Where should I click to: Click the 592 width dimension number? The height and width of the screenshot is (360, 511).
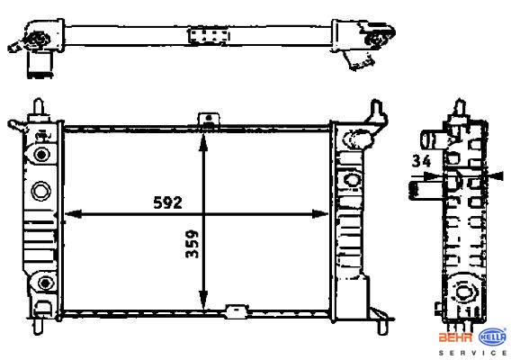coord(167,202)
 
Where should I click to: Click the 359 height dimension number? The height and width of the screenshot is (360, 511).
coord(192,244)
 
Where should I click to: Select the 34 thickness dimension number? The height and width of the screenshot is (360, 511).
coord(421,161)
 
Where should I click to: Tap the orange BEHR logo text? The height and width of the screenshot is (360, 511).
coord(456,337)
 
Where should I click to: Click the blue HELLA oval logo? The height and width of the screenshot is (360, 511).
coord(492,337)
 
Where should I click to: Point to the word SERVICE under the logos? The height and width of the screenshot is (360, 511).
coord(473,353)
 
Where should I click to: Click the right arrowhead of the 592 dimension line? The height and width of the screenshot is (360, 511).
coord(319,214)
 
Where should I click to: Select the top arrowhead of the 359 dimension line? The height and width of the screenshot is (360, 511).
coord(203,142)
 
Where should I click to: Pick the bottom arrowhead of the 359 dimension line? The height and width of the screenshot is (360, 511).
coord(203,300)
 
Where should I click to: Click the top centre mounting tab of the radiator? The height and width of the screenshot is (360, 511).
coord(209,119)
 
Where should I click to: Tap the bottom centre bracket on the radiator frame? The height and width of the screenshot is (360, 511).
coord(237,310)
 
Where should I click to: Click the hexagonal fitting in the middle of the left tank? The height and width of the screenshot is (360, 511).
coord(41,190)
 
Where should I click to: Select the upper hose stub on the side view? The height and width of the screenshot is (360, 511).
coord(433,139)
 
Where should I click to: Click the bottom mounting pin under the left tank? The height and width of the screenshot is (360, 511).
coord(38,326)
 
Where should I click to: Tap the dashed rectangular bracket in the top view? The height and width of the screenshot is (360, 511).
coord(209,35)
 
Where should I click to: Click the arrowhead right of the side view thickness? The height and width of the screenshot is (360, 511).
coord(496,176)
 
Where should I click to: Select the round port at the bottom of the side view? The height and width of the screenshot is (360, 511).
coord(462,292)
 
